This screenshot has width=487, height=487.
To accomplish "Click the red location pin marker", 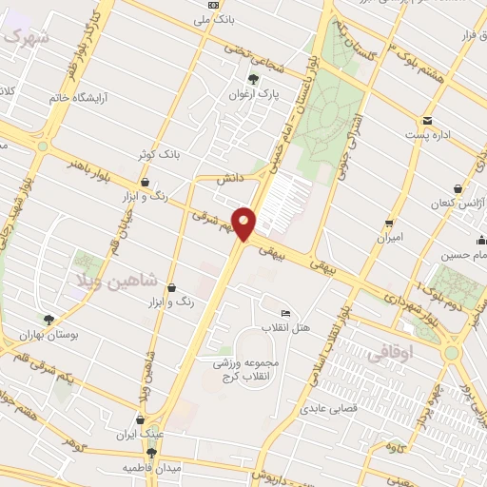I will [244, 223].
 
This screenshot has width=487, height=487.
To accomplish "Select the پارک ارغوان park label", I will [250, 95].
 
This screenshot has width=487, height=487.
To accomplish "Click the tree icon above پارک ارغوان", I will [253, 80].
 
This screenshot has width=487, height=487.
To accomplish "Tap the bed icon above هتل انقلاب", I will [286, 313].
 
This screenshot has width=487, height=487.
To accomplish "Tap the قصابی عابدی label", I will [329, 410].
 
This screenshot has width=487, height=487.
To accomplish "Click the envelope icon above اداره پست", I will [428, 120].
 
